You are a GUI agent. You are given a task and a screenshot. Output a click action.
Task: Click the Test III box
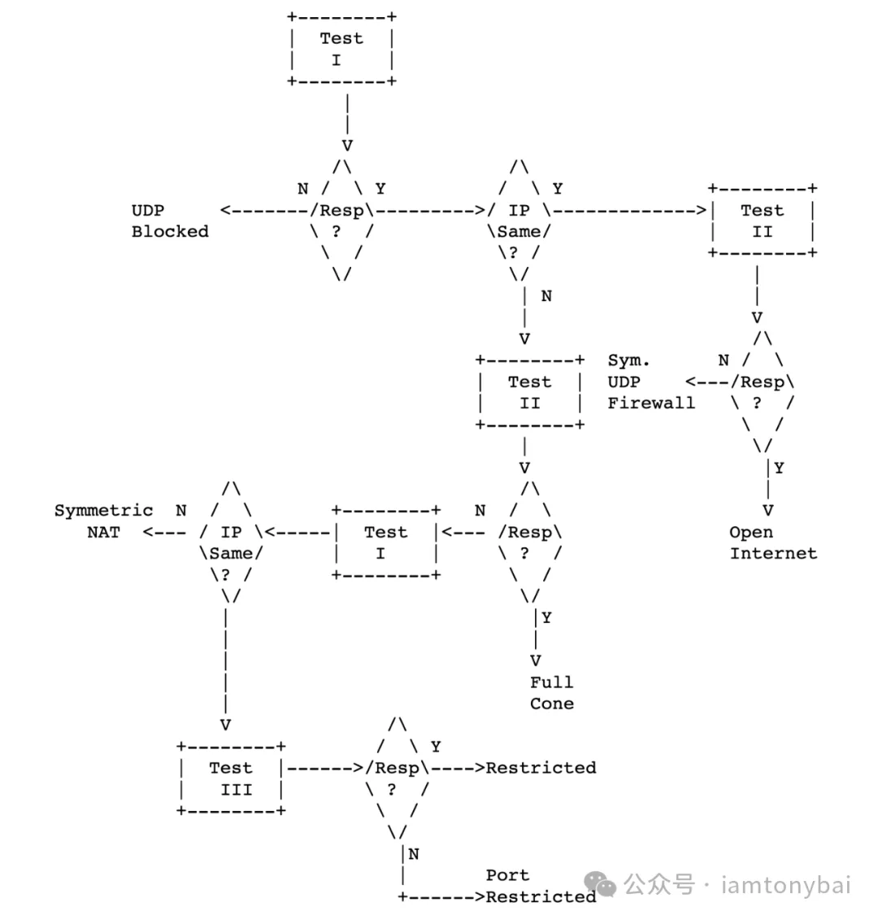(x=231, y=778)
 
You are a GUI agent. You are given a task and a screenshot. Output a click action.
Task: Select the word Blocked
(x=170, y=232)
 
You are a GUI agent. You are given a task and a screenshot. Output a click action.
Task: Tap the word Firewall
(x=651, y=403)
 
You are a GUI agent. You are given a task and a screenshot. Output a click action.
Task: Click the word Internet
(x=773, y=554)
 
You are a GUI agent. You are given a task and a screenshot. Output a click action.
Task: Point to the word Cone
(x=551, y=704)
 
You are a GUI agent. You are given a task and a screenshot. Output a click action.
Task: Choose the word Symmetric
(x=103, y=511)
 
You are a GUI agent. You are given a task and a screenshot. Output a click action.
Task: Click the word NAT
(x=103, y=533)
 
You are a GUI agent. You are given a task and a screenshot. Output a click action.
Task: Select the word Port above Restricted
(x=507, y=875)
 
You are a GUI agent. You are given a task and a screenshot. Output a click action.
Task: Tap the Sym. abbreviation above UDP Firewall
(x=628, y=360)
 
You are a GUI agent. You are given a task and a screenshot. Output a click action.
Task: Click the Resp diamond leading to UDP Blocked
(x=342, y=220)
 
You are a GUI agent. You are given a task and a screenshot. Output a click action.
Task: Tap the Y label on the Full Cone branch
(x=546, y=617)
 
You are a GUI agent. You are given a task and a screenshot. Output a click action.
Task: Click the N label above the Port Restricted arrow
(x=414, y=854)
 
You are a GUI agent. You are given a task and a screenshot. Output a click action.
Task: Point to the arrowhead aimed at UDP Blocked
(x=225, y=211)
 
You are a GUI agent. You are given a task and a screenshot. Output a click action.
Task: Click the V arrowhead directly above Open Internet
(x=767, y=511)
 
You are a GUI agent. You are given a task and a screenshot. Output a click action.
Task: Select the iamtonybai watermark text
(x=785, y=884)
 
